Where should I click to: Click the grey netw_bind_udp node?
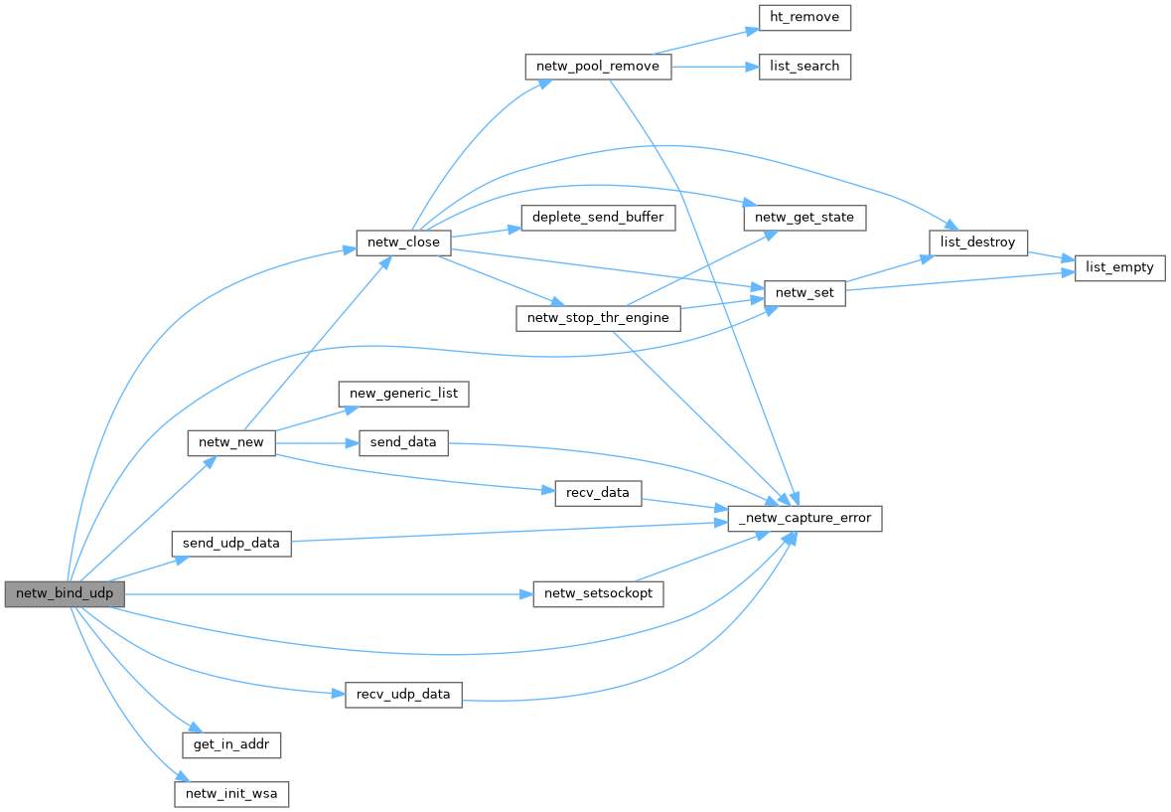pos(65,594)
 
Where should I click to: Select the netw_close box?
pos(404,243)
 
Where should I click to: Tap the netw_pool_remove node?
pos(598,67)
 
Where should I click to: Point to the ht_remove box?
pos(805,17)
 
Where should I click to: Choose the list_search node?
pos(805,67)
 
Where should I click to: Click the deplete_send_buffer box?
pos(598,218)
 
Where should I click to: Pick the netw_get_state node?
pos(805,217)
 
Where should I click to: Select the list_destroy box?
pos(977,243)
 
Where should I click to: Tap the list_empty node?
pos(1119,268)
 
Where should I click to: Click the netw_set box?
pos(805,293)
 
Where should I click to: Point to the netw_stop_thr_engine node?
pos(598,318)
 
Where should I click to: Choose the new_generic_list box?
pos(403,394)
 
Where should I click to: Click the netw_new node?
pos(230,443)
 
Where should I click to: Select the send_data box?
pos(403,443)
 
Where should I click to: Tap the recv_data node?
pos(598,493)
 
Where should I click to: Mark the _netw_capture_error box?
pos(805,518)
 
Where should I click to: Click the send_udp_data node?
pos(230,544)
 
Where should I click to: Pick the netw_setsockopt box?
pos(598,594)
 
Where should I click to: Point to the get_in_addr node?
pos(231,744)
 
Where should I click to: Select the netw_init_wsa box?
pos(231,794)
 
